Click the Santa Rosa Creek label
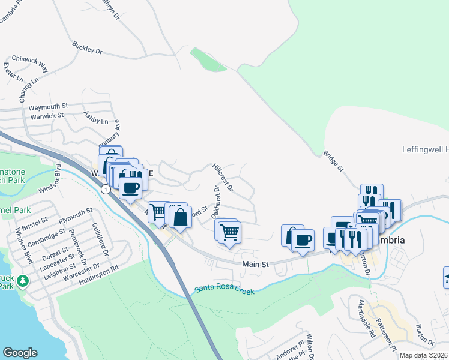point(224,290)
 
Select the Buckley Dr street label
point(88,48)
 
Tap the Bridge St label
point(333,162)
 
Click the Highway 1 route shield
point(106,190)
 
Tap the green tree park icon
point(23,280)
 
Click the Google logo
point(20,353)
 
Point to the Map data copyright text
point(423,355)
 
